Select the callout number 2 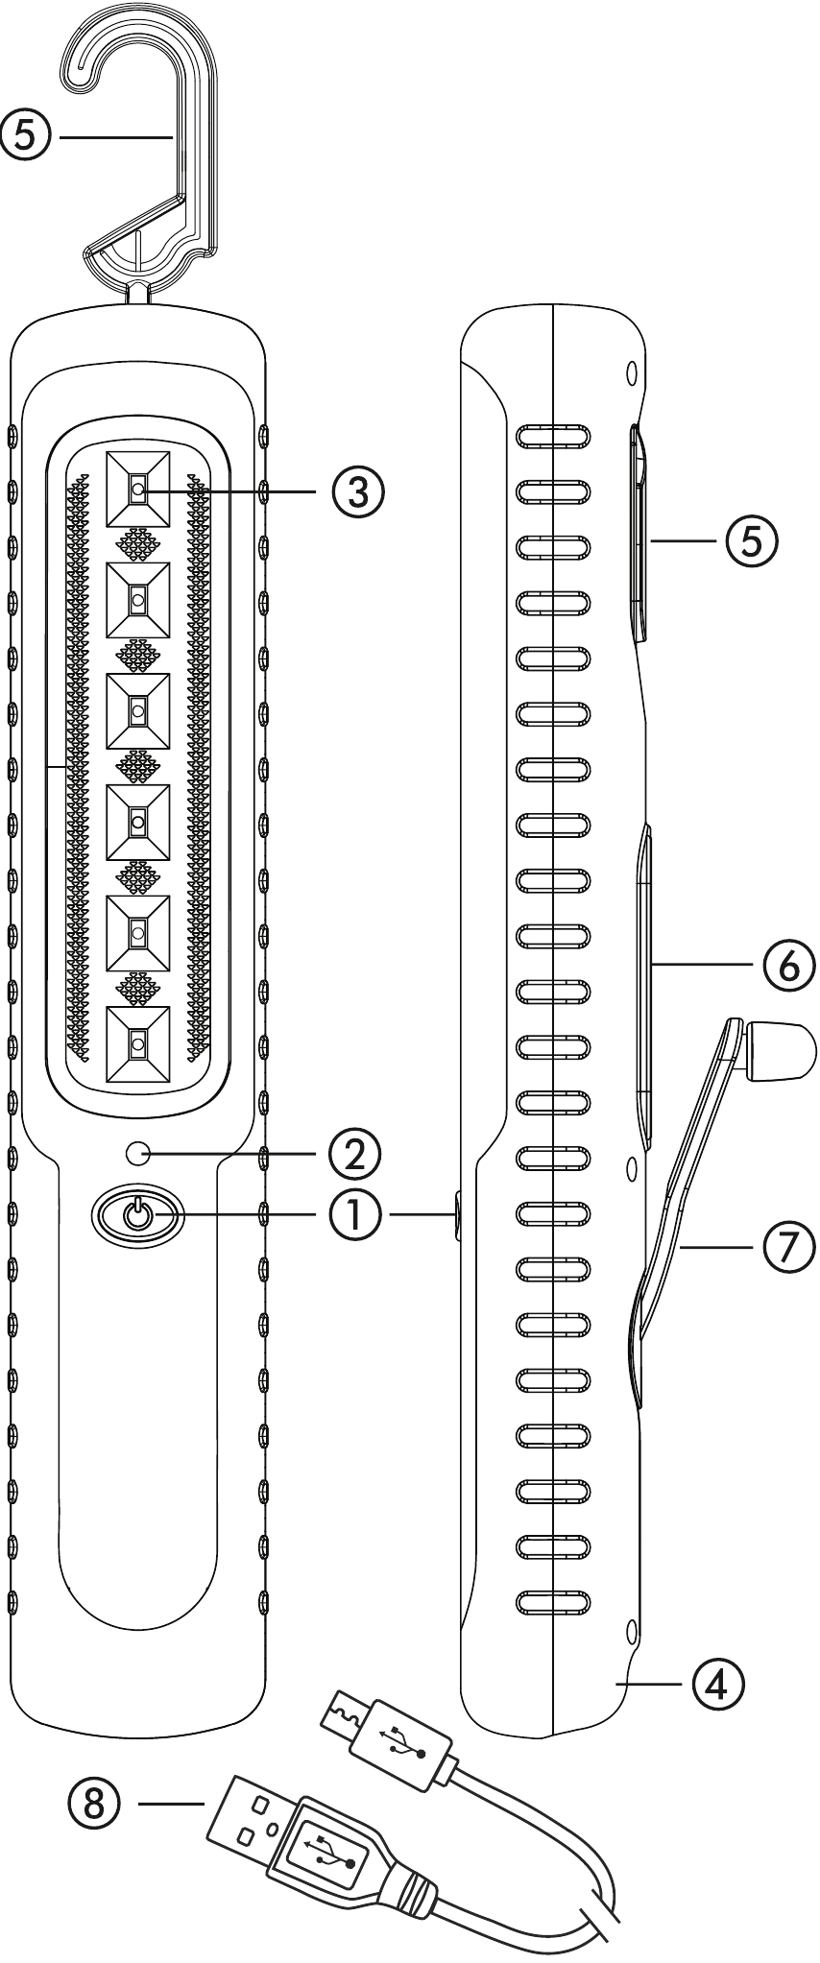point(355,1153)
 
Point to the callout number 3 point(358,490)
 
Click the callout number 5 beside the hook point(27,137)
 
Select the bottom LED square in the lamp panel point(138,1043)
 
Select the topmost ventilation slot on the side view point(552,438)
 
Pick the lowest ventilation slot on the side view point(552,1600)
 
